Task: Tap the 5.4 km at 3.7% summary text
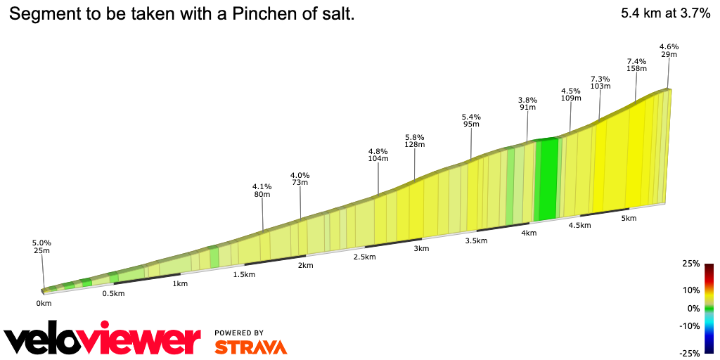coord(666,13)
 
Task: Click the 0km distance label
coord(44,303)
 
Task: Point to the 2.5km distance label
coord(364,257)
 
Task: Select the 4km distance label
coord(528,233)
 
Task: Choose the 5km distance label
coord(629,218)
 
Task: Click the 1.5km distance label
coord(244,274)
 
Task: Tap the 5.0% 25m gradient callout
coord(41,247)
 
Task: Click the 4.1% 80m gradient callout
coord(262,191)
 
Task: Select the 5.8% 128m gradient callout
coord(415,141)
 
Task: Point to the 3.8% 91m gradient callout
coord(527,103)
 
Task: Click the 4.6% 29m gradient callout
coord(669,50)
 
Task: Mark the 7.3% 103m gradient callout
coord(600,82)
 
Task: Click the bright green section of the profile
coord(546,179)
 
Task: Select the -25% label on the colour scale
coord(690,352)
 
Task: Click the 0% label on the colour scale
coord(693,308)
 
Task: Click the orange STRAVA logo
coord(250,347)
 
